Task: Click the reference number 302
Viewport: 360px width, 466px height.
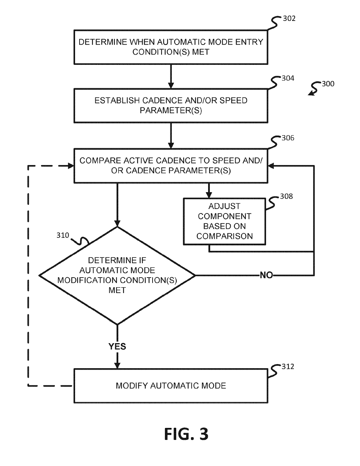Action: point(289,19)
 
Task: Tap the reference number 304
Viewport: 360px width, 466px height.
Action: point(288,79)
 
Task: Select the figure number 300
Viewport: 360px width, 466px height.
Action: point(328,84)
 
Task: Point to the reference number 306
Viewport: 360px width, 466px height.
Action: point(288,138)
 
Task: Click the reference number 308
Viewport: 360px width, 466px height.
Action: point(287,197)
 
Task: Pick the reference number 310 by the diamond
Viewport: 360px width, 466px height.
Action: point(63,235)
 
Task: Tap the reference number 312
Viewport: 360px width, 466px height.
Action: point(288,367)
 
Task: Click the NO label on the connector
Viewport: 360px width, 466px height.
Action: point(266,275)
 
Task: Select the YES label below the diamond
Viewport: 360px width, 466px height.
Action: point(117,347)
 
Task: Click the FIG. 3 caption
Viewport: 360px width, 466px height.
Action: point(186,434)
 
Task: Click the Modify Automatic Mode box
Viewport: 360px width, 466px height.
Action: point(171,386)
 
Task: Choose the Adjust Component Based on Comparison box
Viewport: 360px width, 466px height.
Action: point(224,221)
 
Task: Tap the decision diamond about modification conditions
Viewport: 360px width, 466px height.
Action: point(117,276)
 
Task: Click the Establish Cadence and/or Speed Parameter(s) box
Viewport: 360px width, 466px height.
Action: point(171,106)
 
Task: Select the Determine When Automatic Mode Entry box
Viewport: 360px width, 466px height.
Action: point(171,47)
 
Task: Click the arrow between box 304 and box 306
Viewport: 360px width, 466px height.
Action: point(171,136)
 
